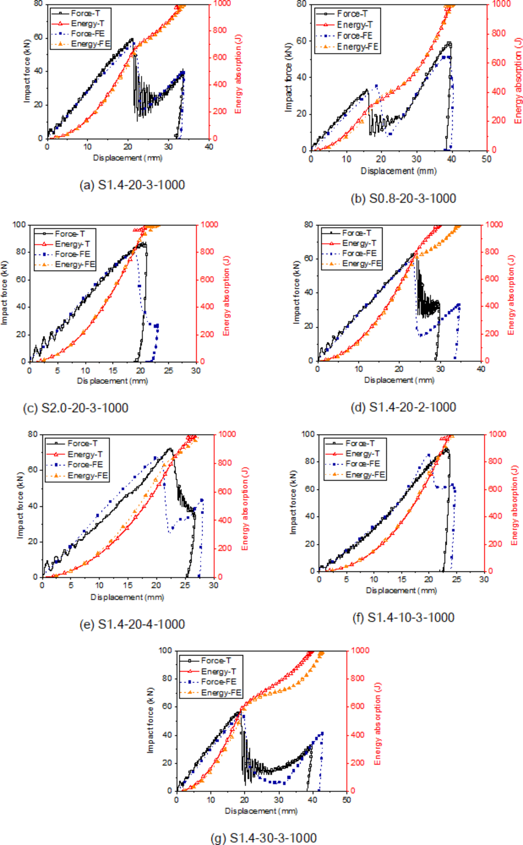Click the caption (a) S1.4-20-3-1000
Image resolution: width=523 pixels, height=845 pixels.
tap(132, 185)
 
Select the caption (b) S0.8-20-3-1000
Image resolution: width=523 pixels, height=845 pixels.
tap(403, 198)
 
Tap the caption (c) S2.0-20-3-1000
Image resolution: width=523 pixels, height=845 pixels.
tap(75, 408)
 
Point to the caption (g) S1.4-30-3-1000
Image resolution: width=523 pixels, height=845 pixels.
tap(263, 838)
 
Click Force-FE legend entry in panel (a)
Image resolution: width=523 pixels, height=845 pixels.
tap(88, 34)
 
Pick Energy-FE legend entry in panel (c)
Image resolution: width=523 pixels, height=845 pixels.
tap(75, 264)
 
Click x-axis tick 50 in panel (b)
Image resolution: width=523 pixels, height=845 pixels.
tap(486, 159)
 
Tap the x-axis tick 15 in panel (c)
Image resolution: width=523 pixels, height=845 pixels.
tap(113, 370)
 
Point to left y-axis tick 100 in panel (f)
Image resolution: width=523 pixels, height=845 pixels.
tap(307, 434)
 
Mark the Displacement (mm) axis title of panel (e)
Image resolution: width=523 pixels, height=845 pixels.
tap(127, 597)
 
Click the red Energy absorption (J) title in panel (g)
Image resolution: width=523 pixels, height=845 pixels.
tap(378, 724)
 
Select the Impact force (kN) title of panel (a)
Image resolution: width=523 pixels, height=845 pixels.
tap(27, 71)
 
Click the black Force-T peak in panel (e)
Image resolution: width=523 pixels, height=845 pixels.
tap(169, 448)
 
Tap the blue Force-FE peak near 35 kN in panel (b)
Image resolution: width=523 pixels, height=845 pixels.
tap(376, 85)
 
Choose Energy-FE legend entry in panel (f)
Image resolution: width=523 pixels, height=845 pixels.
tap(365, 475)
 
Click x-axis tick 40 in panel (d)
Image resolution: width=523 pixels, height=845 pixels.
tap(481, 369)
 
